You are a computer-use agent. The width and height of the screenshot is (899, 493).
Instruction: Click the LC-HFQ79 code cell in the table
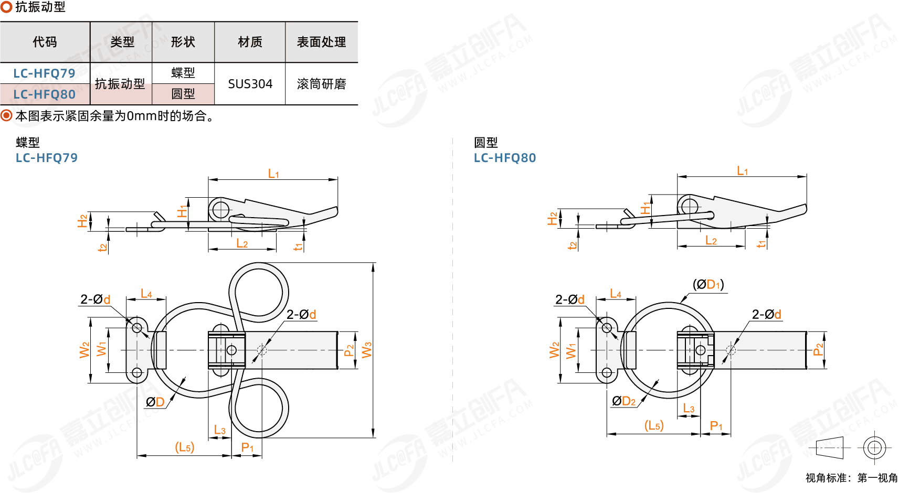[x=45, y=73]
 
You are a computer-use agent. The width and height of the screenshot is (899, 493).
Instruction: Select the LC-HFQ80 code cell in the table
[x=45, y=94]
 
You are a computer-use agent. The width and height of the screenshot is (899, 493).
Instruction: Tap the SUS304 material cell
[x=250, y=84]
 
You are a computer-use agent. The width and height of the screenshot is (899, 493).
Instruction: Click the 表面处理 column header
[x=321, y=42]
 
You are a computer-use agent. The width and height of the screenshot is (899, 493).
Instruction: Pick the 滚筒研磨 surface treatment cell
[x=321, y=84]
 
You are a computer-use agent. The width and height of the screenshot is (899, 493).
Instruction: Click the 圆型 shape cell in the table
[x=183, y=94]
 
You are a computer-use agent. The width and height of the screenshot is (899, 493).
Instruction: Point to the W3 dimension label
[x=366, y=350]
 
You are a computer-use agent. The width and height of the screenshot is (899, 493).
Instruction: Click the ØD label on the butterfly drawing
[x=155, y=402]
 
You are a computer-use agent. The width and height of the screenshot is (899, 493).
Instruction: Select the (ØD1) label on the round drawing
[x=708, y=284]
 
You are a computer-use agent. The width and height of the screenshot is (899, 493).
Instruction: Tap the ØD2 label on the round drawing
[x=624, y=401]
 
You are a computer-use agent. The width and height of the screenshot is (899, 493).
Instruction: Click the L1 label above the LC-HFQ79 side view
[x=273, y=174]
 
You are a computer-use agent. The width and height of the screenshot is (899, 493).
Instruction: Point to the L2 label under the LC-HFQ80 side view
[x=711, y=241]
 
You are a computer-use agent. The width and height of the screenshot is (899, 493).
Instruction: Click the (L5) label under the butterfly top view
[x=184, y=447]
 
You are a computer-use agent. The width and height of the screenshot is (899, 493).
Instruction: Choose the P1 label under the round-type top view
[x=716, y=426]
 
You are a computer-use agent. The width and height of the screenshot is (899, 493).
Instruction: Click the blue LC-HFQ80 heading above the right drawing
[x=504, y=158]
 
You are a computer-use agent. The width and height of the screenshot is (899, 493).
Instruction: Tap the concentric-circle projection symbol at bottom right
[x=874, y=448]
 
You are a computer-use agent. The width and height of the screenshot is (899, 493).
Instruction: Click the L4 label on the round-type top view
[x=616, y=294]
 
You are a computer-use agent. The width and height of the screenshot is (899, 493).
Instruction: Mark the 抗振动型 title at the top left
[x=40, y=7]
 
